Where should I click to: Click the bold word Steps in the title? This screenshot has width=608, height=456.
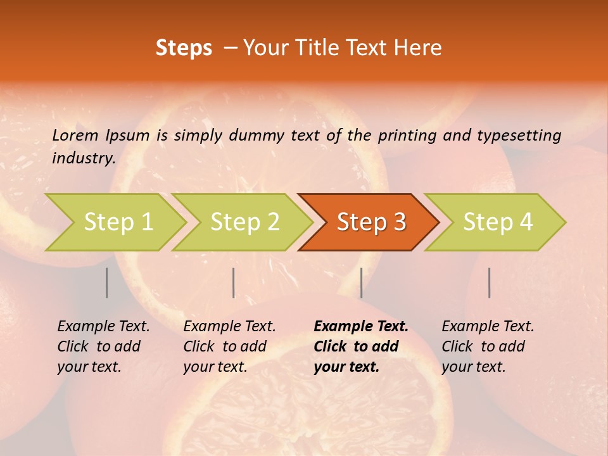184,48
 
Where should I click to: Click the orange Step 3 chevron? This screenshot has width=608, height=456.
371,222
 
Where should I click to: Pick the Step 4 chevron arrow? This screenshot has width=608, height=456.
498,222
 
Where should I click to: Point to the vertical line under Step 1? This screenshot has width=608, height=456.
107,282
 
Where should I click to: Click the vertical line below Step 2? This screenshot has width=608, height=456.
234,282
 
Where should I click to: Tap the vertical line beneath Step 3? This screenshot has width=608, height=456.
361,282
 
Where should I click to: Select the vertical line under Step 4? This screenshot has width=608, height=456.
489,282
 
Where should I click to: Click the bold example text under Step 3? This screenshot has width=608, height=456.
360,346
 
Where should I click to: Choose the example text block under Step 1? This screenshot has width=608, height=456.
103,346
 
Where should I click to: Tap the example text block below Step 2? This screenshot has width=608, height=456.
229,346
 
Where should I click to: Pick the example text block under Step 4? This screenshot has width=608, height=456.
488,346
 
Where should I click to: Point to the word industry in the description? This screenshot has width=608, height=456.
83,158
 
